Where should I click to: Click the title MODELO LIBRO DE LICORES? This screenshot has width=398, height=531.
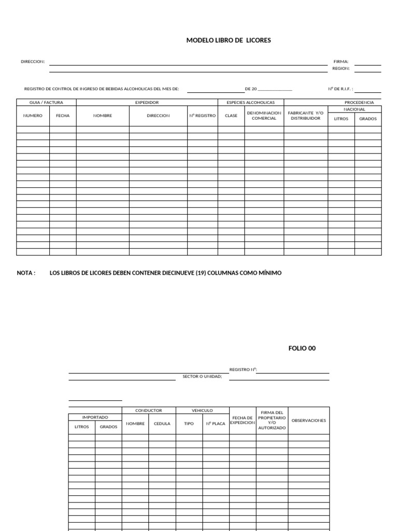pos(229,40)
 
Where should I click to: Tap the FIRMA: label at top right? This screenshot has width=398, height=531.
pos(340,61)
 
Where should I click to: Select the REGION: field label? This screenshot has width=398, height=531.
pos(340,68)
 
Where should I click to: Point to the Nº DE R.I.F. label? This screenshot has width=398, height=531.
pos(340,89)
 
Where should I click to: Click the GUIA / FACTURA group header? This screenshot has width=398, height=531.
pos(46,103)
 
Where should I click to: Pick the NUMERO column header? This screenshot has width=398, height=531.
pos(33,116)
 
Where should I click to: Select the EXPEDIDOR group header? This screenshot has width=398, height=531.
pos(147,103)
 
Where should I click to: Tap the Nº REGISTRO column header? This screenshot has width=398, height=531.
pos(202,116)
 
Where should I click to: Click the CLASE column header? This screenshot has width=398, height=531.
pos(231,116)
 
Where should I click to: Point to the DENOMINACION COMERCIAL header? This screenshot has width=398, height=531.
pos(264,116)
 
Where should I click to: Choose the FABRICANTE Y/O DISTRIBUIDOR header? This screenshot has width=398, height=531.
pos(305,116)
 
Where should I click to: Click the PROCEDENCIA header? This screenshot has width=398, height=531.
pos(359,103)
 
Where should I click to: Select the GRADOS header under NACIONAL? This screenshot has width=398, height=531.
pos(368,119)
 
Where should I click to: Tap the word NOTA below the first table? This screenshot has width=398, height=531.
pos(26,273)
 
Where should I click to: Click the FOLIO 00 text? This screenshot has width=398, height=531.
pos(302,348)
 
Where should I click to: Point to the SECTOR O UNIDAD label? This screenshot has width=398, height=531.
pos(202,376)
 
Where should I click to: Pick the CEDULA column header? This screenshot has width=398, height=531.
pos(162,424)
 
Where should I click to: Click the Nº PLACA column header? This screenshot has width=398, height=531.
pos(216,424)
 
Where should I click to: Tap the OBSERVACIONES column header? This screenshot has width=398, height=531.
pos(308,421)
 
